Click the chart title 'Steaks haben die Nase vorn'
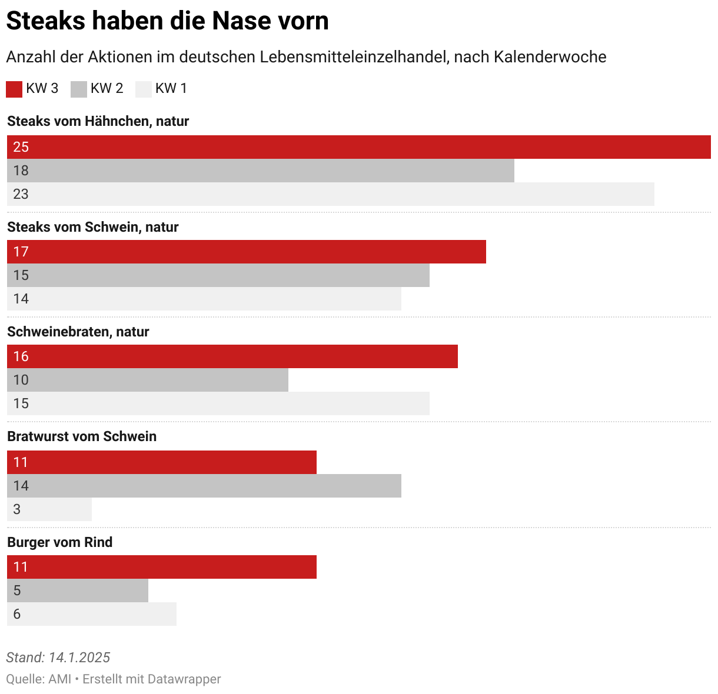tap(167, 21)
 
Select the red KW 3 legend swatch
tap(14, 89)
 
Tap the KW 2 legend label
tap(107, 88)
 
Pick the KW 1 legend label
tap(171, 88)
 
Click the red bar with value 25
tap(359, 147)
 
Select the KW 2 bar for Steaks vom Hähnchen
tap(261, 171)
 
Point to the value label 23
tap(21, 194)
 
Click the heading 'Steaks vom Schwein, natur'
tap(93, 227)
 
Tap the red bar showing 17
tap(247, 252)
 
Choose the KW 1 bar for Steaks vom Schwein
tap(204, 299)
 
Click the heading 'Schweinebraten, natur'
tap(78, 332)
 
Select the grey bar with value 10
tap(148, 380)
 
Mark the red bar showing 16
tap(232, 356)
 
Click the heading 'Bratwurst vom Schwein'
tap(82, 436)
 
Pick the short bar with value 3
tap(49, 509)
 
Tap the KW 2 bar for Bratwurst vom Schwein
tap(204, 486)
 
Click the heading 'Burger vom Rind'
tap(60, 542)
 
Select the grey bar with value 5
tap(78, 590)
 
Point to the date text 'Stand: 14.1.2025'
tap(58, 658)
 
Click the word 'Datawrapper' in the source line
tap(184, 679)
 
